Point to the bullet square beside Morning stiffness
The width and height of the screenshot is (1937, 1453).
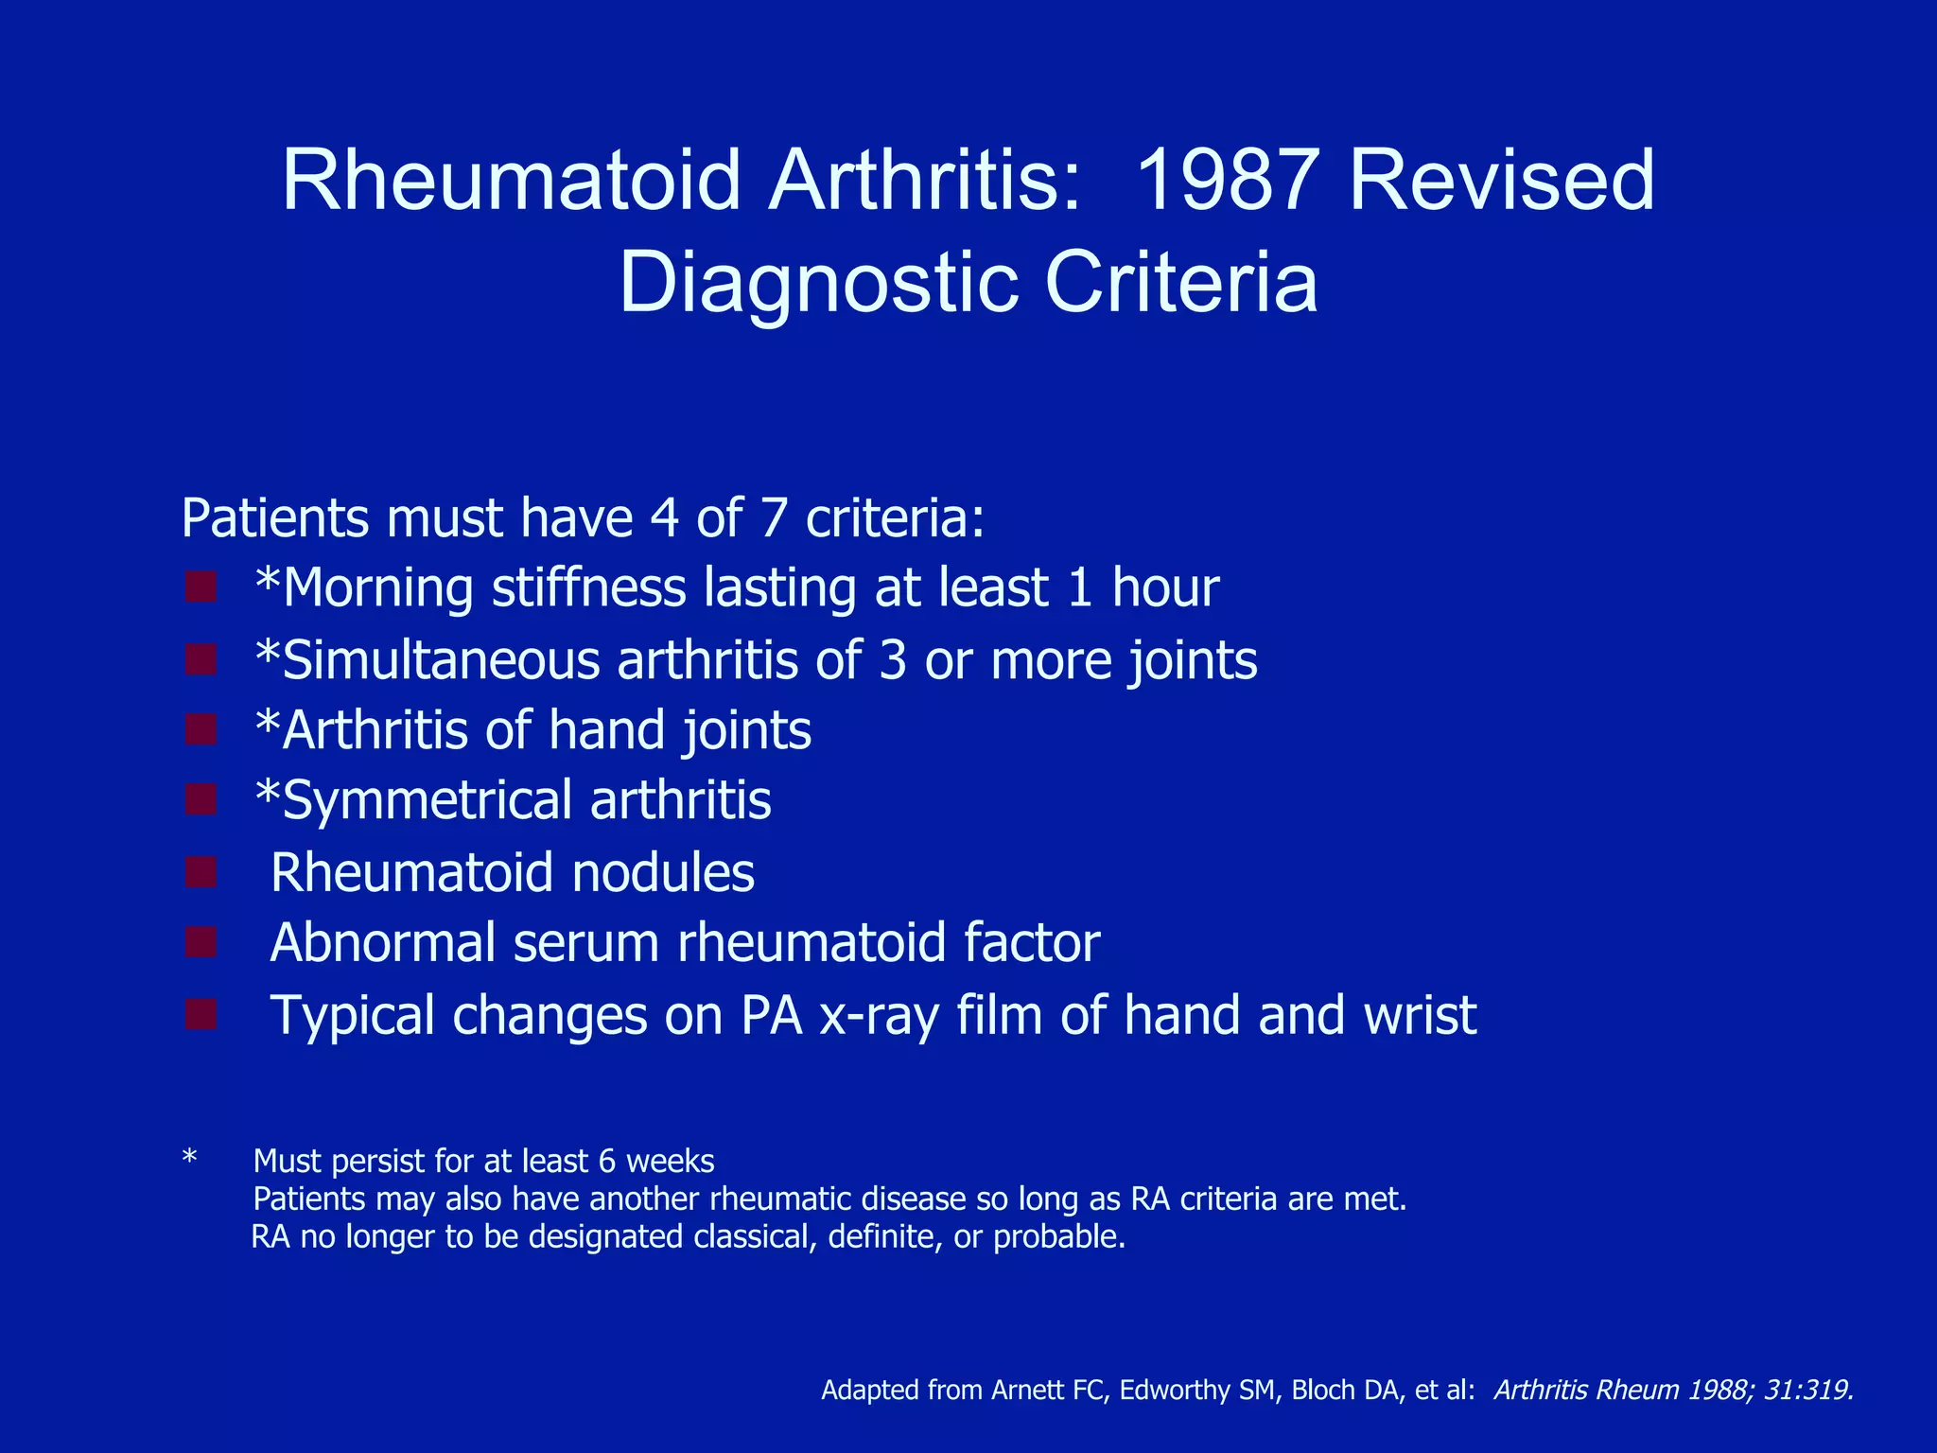tap(201, 587)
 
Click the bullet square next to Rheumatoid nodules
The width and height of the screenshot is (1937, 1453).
tap(201, 872)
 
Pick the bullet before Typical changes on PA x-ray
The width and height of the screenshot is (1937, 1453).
tap(201, 1015)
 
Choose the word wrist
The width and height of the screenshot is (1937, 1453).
tap(1420, 1015)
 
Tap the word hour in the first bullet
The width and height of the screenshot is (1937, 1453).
tap(1164, 587)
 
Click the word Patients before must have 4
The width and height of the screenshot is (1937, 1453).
tap(274, 518)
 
